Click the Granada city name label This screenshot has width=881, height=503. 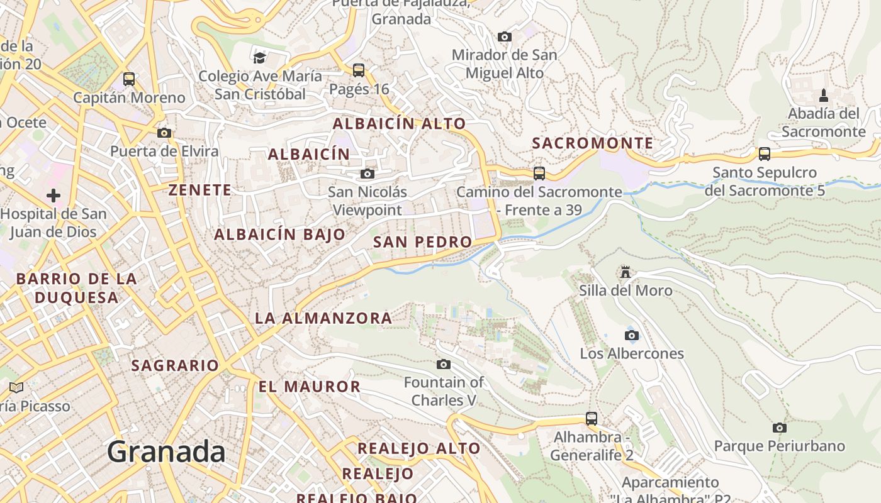pyautogui.click(x=166, y=451)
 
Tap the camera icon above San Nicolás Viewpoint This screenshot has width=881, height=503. pyautogui.click(x=368, y=174)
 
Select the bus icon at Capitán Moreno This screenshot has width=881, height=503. pyautogui.click(x=129, y=79)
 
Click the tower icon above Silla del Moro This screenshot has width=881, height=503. pyautogui.click(x=626, y=272)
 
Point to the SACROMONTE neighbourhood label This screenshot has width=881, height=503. pyautogui.click(x=593, y=143)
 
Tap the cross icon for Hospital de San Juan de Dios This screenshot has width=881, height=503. pyautogui.click(x=53, y=196)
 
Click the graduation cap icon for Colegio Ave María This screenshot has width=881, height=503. pyautogui.click(x=259, y=58)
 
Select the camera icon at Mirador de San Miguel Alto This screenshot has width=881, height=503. pyautogui.click(x=505, y=36)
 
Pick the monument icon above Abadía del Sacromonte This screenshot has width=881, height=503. pyautogui.click(x=824, y=96)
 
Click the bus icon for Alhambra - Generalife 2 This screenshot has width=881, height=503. pyautogui.click(x=592, y=418)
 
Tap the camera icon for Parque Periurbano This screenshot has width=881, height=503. pyautogui.click(x=780, y=428)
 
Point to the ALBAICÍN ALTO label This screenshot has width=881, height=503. pyautogui.click(x=400, y=124)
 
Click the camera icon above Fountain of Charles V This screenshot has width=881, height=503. pyautogui.click(x=444, y=364)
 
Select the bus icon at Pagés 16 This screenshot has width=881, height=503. pyautogui.click(x=359, y=70)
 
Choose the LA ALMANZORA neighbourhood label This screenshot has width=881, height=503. pyautogui.click(x=323, y=318)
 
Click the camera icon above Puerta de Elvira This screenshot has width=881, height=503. pyautogui.click(x=164, y=133)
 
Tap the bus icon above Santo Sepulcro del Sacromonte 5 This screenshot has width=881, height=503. pyautogui.click(x=765, y=154)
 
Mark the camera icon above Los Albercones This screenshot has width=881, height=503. pyautogui.click(x=632, y=335)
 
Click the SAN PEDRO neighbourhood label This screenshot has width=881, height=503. pyautogui.click(x=422, y=242)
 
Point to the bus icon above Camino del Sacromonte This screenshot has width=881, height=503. pyautogui.click(x=539, y=173)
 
